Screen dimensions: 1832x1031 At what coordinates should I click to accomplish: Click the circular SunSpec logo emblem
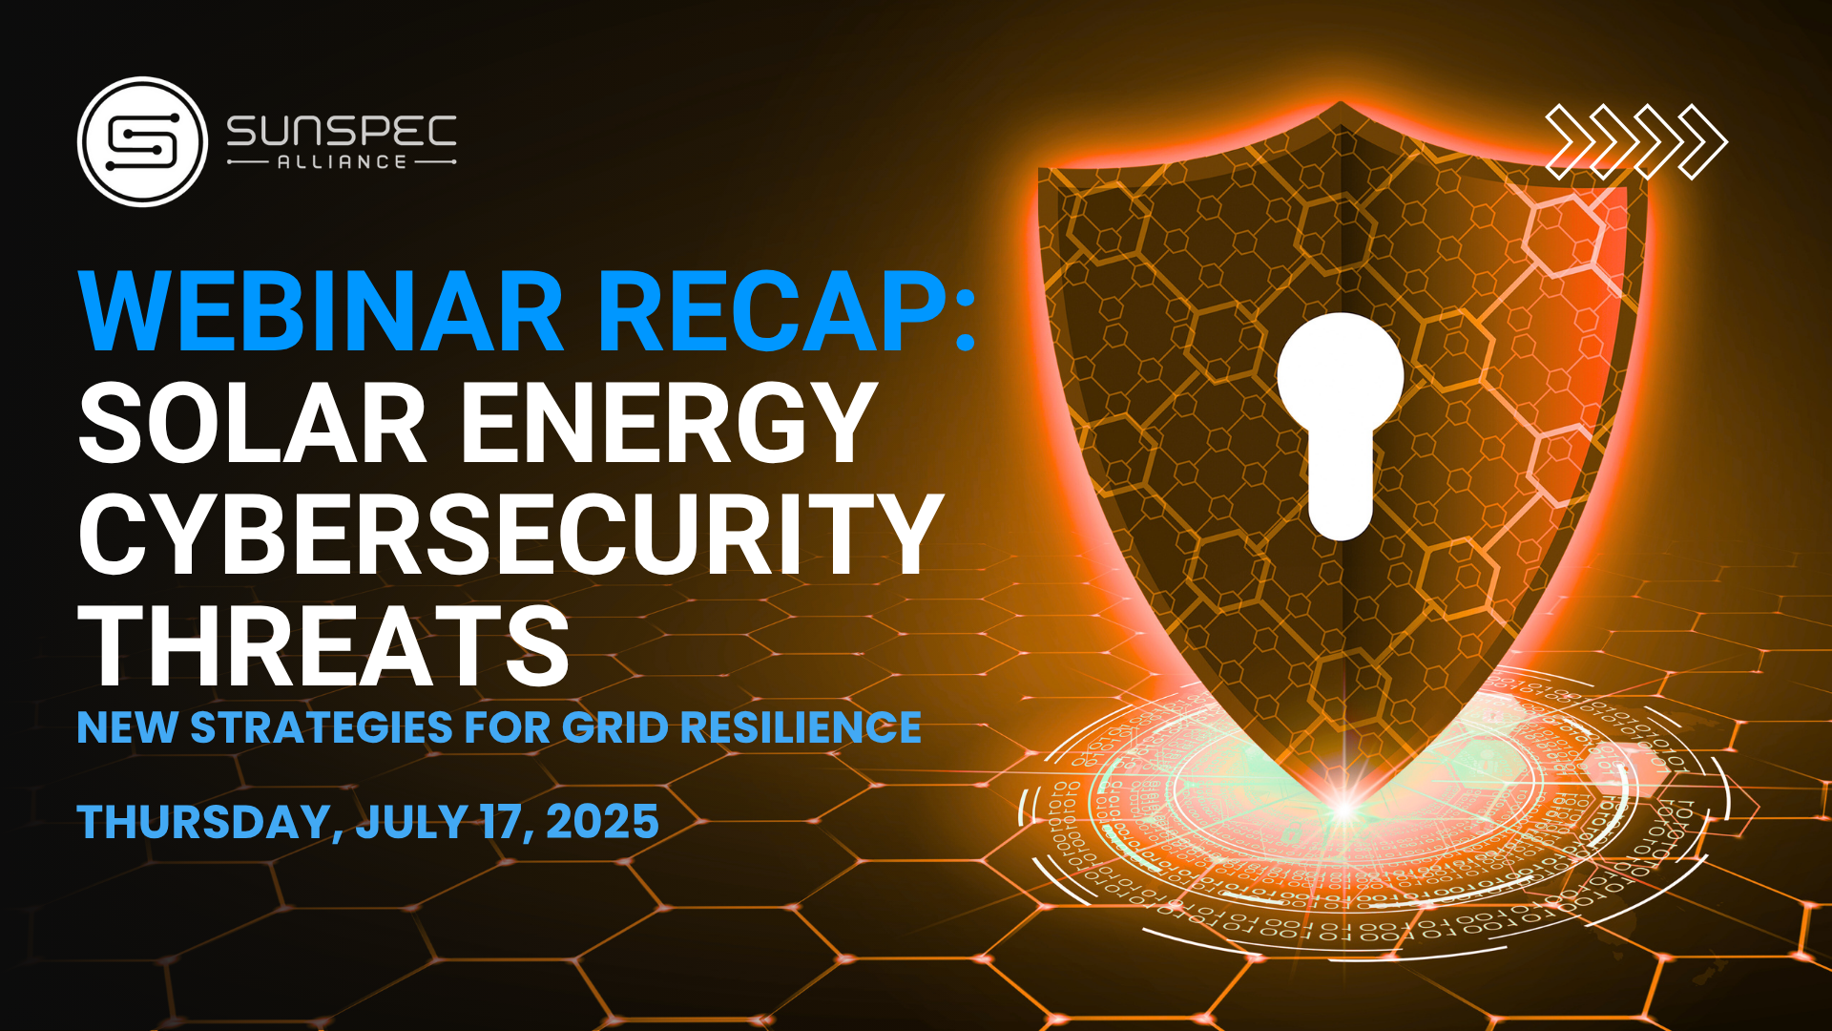142,142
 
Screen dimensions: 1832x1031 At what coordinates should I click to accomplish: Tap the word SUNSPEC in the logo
342,131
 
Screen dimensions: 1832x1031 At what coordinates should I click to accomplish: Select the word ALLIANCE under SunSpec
342,162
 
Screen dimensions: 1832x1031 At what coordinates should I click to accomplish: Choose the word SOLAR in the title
252,422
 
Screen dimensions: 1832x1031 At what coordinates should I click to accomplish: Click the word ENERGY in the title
669,422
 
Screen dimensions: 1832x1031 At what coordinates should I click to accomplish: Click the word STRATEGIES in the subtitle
322,727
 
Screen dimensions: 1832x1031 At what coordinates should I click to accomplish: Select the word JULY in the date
412,822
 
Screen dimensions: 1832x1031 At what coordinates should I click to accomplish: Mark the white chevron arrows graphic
1636,142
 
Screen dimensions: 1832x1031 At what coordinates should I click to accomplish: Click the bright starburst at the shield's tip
1343,810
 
